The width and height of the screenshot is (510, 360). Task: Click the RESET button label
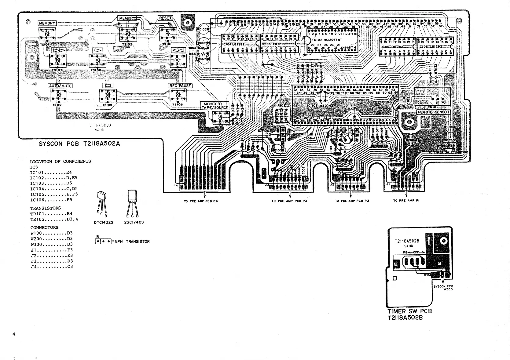165,18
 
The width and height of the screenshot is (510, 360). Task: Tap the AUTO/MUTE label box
60,86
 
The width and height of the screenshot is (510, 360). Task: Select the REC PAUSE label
180,86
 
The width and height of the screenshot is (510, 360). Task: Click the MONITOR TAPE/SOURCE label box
215,106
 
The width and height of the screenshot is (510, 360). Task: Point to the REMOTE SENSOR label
433,112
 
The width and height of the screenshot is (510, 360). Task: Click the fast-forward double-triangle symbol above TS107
58,50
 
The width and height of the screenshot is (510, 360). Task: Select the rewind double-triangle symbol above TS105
178,50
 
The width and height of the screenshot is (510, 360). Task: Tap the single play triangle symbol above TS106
97,50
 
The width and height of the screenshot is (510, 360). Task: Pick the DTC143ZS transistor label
104,222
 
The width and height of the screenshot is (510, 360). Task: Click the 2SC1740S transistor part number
134,222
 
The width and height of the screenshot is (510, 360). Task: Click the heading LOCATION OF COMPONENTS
61,162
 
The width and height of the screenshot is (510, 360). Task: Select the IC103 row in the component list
51,184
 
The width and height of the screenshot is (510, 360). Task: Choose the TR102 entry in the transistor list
54,219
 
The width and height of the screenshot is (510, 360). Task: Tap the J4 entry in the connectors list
52,267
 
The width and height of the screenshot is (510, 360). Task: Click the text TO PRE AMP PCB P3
289,201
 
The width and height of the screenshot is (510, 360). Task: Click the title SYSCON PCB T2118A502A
79,144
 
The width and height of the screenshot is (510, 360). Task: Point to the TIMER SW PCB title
409,311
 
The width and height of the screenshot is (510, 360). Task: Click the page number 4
14,334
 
